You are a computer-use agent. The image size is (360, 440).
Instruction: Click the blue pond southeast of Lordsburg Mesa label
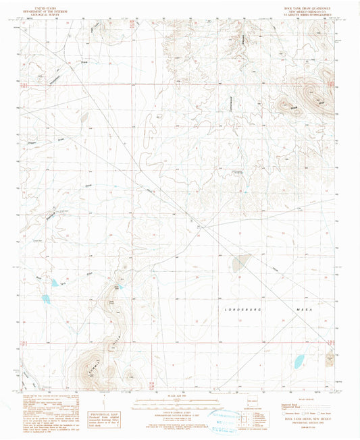299,362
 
